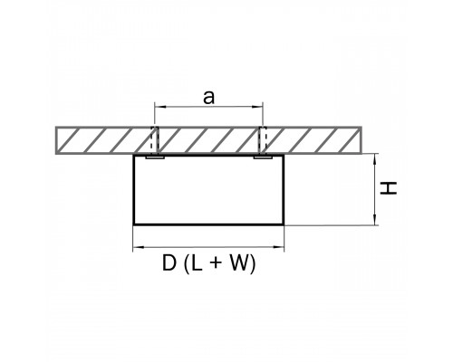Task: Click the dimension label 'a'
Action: pos(209,98)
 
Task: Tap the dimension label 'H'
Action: pos(388,188)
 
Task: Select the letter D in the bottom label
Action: pos(169,263)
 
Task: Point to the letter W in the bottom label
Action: pos(240,263)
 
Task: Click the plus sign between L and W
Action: pos(216,263)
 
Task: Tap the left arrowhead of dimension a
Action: pos(159,107)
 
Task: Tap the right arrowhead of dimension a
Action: pos(258,107)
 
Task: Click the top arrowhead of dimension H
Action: pos(375,158)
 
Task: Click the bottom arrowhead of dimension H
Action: pos(375,220)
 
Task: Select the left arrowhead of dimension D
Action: pos(138,247)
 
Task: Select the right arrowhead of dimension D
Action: pos(279,247)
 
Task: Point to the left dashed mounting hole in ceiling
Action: pos(155,140)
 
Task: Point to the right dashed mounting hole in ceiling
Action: pos(263,140)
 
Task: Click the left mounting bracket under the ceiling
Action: pos(155,157)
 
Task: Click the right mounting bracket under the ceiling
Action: pos(263,157)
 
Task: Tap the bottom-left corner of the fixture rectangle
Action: pos(134,224)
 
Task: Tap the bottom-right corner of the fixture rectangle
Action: pos(284,224)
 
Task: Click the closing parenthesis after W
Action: pos(253,264)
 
